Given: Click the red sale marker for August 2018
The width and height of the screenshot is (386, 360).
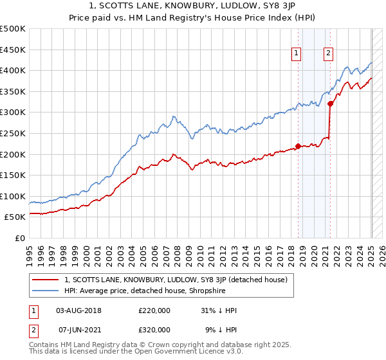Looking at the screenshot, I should point(298,146).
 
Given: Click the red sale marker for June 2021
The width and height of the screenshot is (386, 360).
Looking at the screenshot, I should point(330,104).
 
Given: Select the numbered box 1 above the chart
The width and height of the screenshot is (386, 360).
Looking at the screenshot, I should point(297,54).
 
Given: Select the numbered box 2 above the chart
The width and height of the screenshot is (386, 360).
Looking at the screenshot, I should point(328,54).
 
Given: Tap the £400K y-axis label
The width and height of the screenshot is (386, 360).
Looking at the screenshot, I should point(13,70).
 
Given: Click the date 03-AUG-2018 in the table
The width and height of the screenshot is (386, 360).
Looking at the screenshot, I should point(79,310).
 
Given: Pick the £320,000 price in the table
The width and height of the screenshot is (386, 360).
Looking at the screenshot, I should point(154,329).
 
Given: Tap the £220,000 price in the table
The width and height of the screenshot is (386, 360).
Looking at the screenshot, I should point(154,310).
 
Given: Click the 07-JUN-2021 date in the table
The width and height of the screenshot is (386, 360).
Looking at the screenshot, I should point(79,329).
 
